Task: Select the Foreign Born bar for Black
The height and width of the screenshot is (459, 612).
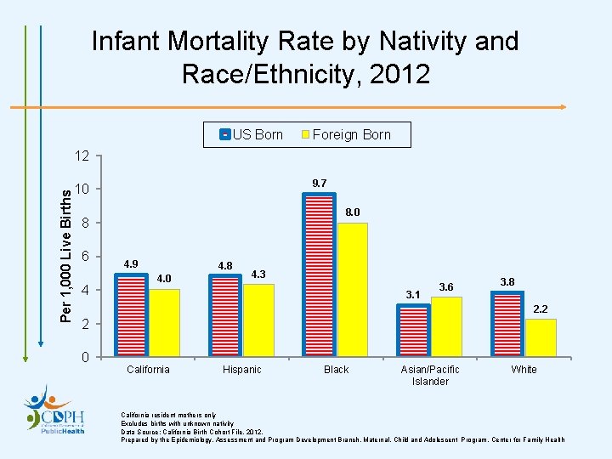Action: pos(352,289)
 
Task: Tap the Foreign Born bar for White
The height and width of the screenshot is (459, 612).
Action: pos(541,337)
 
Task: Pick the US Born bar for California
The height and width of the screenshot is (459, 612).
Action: pos(132,314)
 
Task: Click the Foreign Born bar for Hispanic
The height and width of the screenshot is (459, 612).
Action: pos(258,320)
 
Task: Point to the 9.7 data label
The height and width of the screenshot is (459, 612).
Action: pos(320,183)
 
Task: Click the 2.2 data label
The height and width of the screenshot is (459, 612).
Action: pos(541,309)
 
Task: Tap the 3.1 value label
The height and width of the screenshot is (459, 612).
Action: pos(413,294)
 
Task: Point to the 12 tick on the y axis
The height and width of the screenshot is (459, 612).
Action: pos(82,156)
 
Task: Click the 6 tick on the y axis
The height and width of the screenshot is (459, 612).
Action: pos(85,257)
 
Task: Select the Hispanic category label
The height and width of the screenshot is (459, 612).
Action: pos(241,370)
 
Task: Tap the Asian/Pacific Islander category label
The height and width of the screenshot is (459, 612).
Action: pos(430,375)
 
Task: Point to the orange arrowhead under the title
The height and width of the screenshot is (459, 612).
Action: pos(562,107)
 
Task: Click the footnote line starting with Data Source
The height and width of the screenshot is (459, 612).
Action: pos(192,432)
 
